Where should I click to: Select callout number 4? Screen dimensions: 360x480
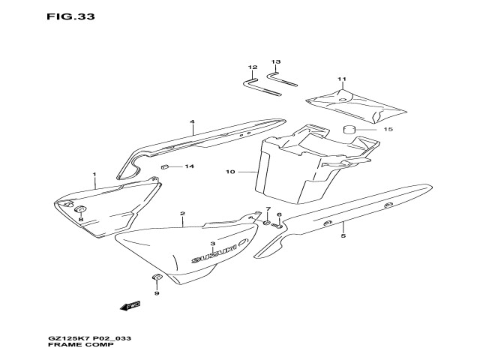pos(192,121)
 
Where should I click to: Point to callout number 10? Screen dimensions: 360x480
pos(230,172)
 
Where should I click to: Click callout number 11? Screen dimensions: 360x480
pos(342,79)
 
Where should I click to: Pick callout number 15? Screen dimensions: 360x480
pos(388,130)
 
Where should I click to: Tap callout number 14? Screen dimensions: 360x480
pos(189,166)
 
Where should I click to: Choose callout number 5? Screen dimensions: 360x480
pos(343,236)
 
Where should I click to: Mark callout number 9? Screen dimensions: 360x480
pos(157,293)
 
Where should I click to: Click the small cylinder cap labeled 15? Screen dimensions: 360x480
pos(349,131)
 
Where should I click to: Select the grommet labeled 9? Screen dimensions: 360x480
pos(157,279)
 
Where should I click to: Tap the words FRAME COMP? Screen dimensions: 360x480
pos(75,349)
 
